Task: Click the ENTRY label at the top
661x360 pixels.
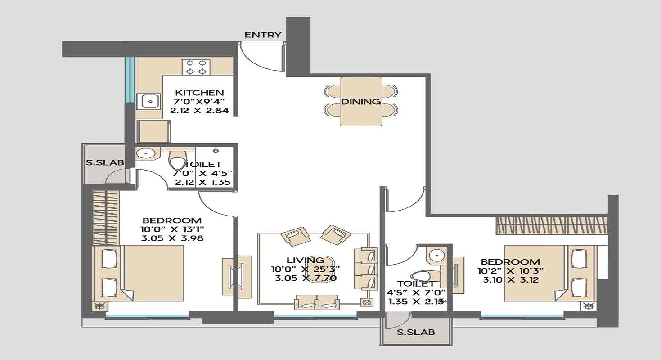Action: click(x=263, y=35)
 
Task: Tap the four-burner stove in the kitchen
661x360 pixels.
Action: click(x=196, y=67)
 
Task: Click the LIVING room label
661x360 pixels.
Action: click(x=305, y=260)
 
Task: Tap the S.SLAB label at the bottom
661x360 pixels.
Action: click(x=416, y=333)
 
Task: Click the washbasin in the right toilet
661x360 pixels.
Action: click(x=436, y=255)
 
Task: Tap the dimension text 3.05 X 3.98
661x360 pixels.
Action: click(x=172, y=238)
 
